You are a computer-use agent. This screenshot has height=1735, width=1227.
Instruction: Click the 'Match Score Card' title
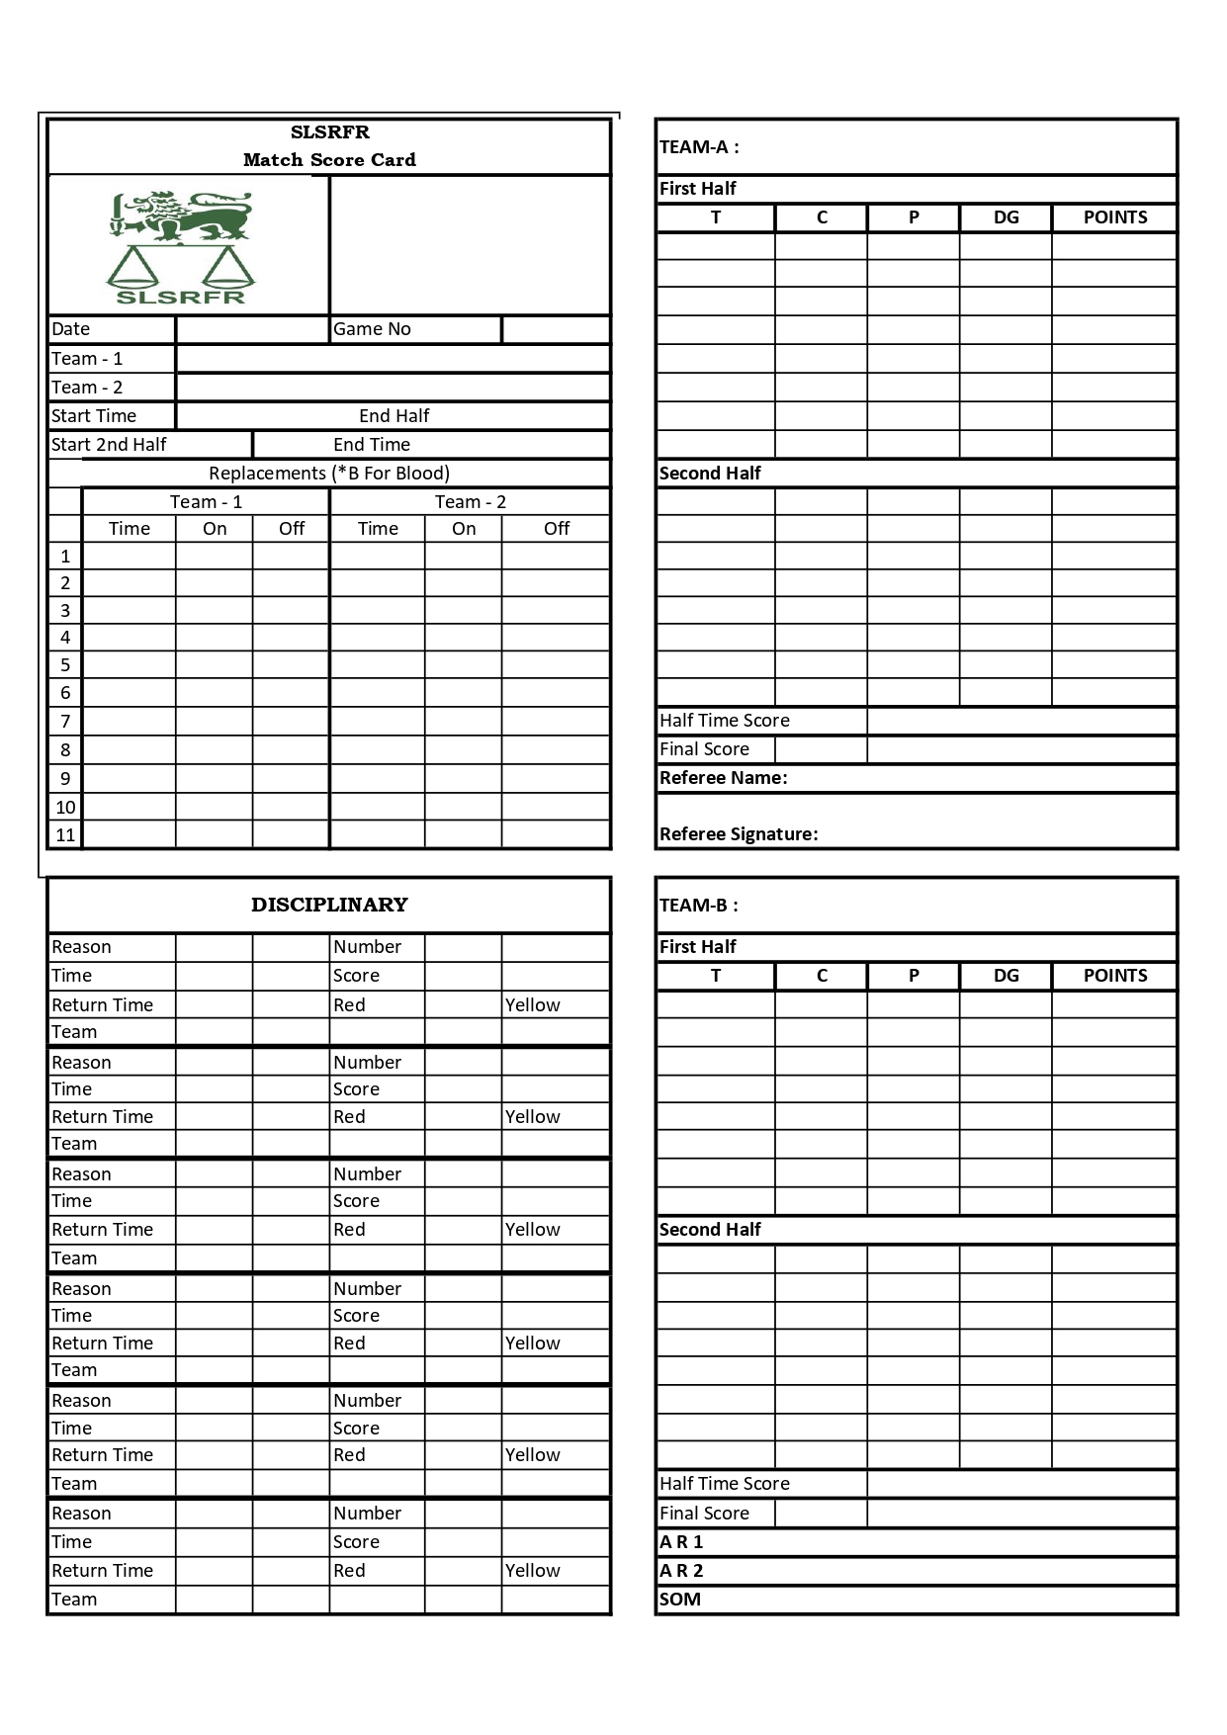click(329, 160)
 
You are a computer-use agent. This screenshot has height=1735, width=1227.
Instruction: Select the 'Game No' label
click(372, 329)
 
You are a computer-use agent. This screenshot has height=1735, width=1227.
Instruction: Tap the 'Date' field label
click(71, 329)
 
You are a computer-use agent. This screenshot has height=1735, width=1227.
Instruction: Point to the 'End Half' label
click(394, 416)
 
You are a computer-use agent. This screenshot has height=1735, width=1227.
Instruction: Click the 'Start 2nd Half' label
click(109, 445)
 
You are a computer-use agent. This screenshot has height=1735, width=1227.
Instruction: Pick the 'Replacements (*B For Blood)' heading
click(329, 474)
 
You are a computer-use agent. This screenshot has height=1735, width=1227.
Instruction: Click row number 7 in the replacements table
click(65, 722)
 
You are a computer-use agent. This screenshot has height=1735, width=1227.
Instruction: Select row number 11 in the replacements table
click(65, 835)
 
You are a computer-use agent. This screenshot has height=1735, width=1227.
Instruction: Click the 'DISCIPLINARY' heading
click(329, 905)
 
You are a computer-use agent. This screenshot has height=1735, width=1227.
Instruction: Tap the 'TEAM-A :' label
click(699, 147)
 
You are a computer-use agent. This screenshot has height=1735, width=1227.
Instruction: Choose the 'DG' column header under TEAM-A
click(1006, 217)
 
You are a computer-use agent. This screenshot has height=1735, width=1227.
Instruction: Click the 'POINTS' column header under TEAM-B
click(1115, 976)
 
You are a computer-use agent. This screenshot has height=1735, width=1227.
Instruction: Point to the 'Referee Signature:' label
click(739, 834)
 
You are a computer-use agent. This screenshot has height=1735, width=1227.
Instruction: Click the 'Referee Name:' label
click(724, 778)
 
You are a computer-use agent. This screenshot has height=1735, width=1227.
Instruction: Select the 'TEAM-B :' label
click(699, 906)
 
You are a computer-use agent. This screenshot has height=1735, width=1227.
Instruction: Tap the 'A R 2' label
click(681, 1571)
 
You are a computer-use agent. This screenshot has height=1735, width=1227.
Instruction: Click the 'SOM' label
click(680, 1600)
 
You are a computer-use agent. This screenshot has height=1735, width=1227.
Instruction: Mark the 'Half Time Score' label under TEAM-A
click(725, 721)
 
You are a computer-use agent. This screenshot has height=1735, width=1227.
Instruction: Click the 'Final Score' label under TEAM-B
click(704, 1514)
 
